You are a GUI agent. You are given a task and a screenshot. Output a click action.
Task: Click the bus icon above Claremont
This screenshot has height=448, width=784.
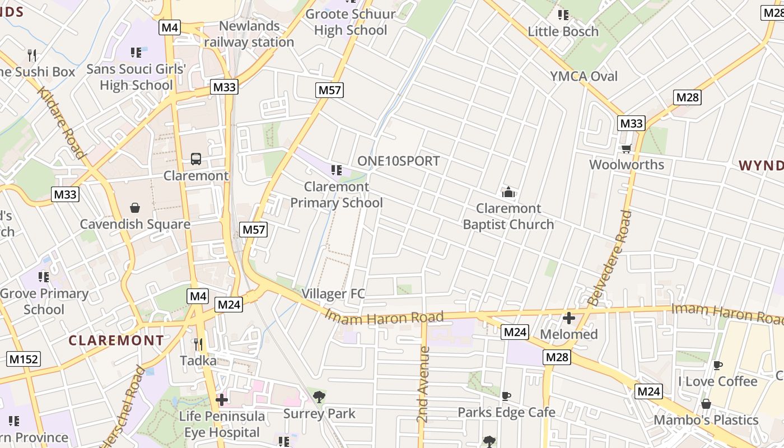[x=195, y=159]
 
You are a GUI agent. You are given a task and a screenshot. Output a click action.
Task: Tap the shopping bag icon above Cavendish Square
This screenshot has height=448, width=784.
[x=135, y=208]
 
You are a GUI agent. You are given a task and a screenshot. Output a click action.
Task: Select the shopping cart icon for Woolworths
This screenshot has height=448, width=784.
[x=626, y=148]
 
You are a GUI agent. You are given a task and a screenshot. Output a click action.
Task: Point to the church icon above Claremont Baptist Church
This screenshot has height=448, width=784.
[x=508, y=193]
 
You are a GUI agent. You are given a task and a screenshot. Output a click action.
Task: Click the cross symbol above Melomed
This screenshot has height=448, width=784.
[x=569, y=318]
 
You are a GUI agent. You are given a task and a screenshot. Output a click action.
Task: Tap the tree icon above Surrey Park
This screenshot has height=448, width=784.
[x=319, y=397]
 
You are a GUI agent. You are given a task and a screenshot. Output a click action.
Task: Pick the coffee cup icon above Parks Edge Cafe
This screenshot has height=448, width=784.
[x=506, y=396]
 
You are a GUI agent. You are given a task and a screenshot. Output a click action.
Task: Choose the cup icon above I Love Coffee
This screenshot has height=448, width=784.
[x=717, y=365]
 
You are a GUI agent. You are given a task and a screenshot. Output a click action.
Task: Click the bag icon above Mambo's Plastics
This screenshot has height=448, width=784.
[x=706, y=404]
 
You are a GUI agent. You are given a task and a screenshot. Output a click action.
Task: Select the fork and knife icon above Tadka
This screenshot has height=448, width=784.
[x=198, y=344]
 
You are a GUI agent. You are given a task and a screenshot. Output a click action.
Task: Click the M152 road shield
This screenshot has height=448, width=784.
[x=24, y=359]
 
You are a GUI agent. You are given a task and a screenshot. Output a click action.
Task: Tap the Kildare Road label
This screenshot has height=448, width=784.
[x=62, y=123]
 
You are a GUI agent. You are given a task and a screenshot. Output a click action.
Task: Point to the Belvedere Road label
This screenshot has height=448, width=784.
[x=609, y=258]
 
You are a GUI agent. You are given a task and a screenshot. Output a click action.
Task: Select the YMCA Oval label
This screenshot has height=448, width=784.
[x=584, y=76]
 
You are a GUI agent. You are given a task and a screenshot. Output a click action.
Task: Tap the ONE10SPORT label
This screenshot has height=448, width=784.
[x=398, y=161]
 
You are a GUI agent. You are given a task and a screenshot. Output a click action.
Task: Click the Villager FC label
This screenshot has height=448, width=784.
[x=333, y=293]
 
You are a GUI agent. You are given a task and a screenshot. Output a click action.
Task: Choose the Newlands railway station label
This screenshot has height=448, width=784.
[x=249, y=34]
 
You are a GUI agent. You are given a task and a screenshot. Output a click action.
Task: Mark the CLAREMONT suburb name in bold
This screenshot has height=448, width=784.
[x=116, y=340]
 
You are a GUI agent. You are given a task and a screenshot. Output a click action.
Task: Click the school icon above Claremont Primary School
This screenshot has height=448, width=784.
[x=336, y=170]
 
